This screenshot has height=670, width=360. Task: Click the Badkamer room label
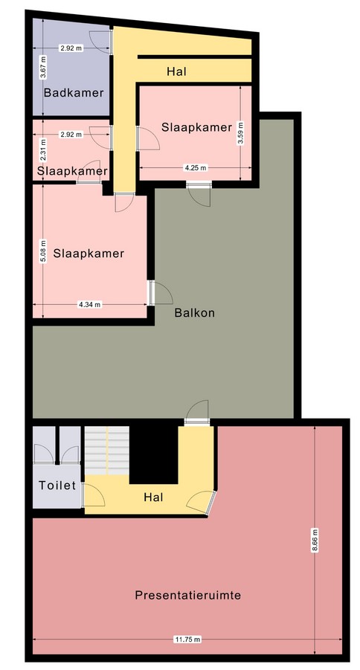[x=74, y=92]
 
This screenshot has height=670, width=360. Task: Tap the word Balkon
[x=195, y=312]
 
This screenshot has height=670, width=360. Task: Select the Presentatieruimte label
[x=188, y=595]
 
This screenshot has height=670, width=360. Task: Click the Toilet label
[x=57, y=485]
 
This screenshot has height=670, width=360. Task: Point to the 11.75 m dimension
[x=187, y=640]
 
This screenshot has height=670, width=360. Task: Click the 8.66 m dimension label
[x=315, y=541]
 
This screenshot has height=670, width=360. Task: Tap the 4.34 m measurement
[x=89, y=305]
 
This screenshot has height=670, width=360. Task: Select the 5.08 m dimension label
[x=43, y=251]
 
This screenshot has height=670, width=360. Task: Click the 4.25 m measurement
[x=195, y=168]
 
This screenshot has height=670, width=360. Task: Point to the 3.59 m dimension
[x=240, y=134]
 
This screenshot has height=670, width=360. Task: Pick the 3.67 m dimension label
[x=43, y=67]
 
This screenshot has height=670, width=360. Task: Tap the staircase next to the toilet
[x=107, y=451]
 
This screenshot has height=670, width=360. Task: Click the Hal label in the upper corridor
[x=176, y=71]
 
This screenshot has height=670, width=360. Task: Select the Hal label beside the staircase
[x=154, y=497]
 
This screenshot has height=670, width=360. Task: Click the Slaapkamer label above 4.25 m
[x=196, y=127]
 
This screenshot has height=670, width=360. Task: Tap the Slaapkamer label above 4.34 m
[x=89, y=253]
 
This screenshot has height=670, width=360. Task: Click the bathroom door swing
[x=101, y=42]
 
